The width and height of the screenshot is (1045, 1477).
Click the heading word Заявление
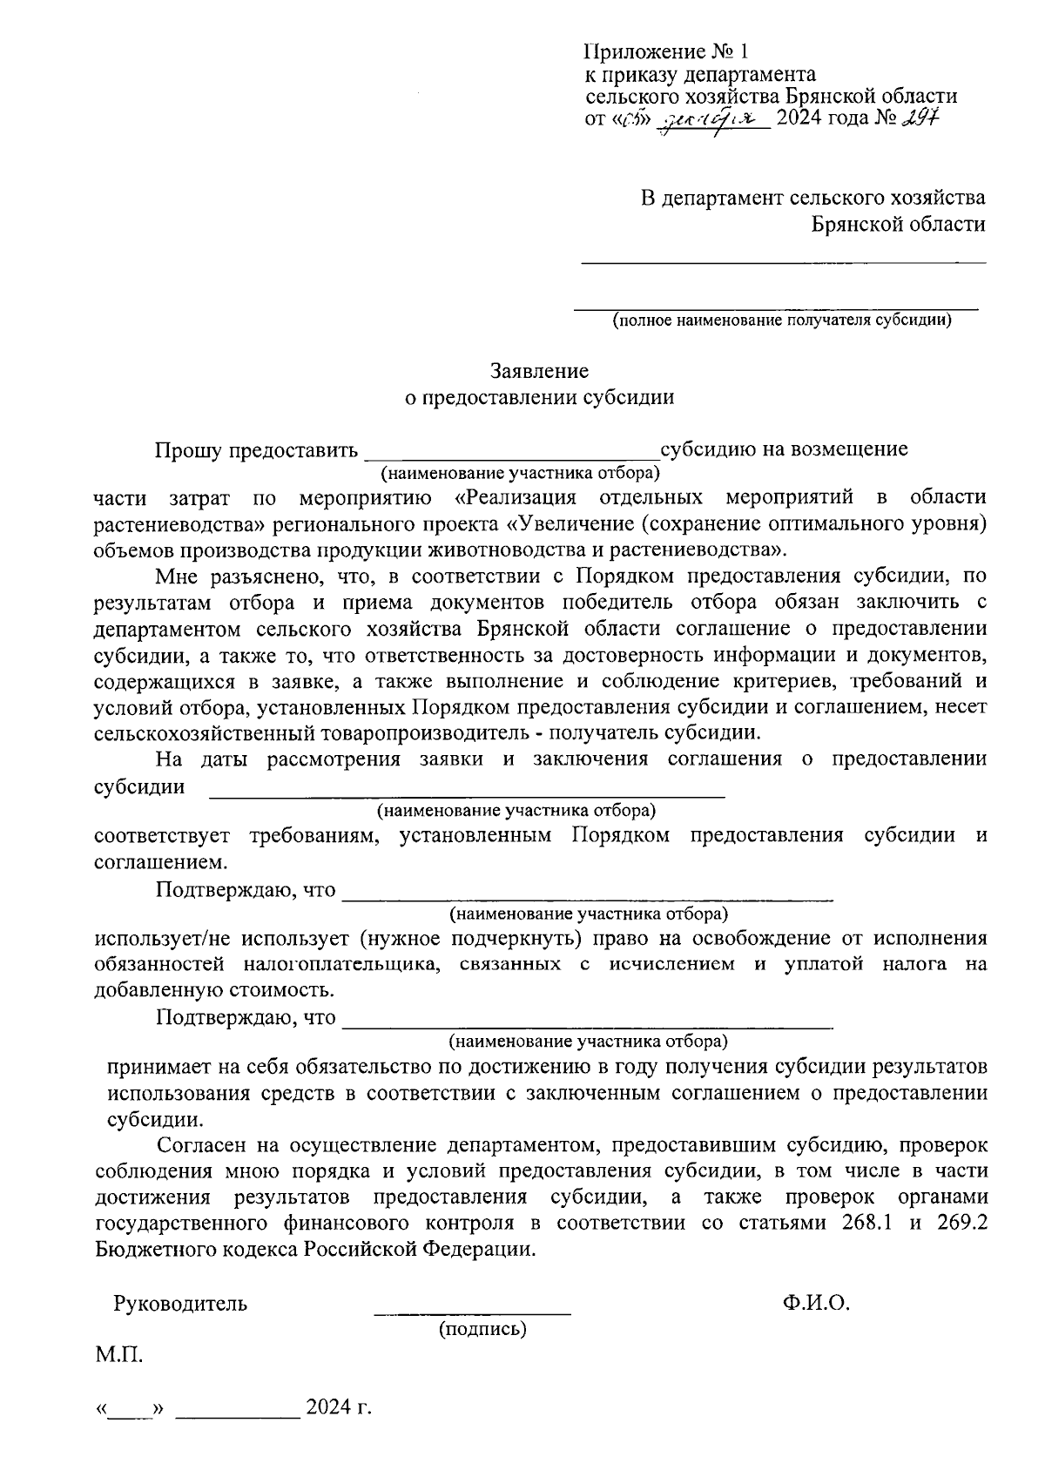[x=539, y=372]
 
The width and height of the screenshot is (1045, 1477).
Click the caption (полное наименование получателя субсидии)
[x=781, y=320]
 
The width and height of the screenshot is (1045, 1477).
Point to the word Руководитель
[x=180, y=1304]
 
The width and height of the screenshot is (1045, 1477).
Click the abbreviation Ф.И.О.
[x=815, y=1303]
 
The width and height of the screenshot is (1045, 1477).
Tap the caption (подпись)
[x=482, y=1329]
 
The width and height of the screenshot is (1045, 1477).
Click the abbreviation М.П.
[x=119, y=1355]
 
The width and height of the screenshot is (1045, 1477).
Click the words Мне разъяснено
[x=234, y=577]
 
